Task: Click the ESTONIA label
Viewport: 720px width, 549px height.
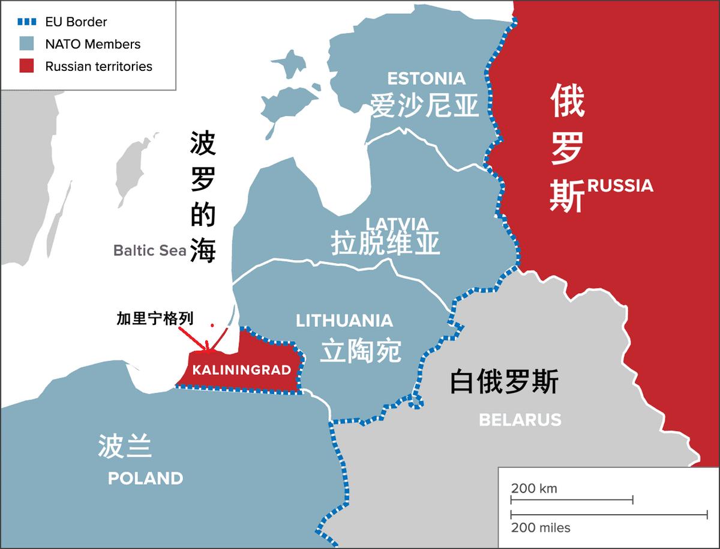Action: (x=426, y=79)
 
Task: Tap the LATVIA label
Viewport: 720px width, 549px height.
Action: (x=397, y=223)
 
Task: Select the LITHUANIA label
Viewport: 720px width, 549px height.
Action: (x=344, y=321)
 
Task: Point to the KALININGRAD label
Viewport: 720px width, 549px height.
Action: (x=241, y=369)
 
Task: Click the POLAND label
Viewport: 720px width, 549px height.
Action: (x=145, y=478)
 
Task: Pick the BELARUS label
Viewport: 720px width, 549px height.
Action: (x=520, y=419)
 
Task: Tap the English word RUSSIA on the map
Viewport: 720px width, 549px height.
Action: (x=620, y=185)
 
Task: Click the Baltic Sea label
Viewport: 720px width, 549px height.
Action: (x=150, y=250)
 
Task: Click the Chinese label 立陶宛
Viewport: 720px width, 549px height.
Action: (x=360, y=350)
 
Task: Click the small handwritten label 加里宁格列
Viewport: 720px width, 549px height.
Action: (x=155, y=319)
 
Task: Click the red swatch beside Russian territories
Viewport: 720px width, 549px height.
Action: (x=26, y=66)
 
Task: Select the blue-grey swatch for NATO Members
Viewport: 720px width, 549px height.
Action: (x=26, y=44)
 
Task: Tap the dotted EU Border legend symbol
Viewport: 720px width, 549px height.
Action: (x=26, y=22)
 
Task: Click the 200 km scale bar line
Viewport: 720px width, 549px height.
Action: (x=572, y=500)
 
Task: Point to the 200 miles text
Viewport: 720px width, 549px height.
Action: (x=541, y=528)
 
